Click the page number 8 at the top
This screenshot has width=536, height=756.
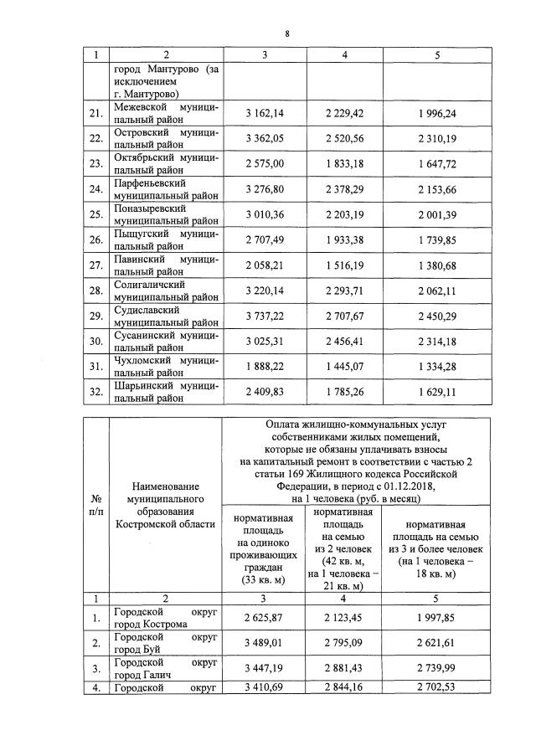pos(286,33)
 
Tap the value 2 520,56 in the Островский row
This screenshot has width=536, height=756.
pos(344,138)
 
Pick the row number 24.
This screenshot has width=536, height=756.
pos(96,189)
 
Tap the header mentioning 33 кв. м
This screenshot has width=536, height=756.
pos(265,549)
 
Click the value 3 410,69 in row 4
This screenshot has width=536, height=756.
pos(265,688)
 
